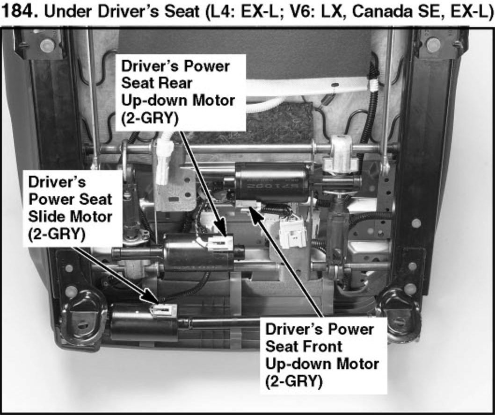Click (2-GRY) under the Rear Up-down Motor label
[149, 118]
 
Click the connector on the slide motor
[162, 310]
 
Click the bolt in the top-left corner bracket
[46, 45]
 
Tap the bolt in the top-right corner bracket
[434, 45]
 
